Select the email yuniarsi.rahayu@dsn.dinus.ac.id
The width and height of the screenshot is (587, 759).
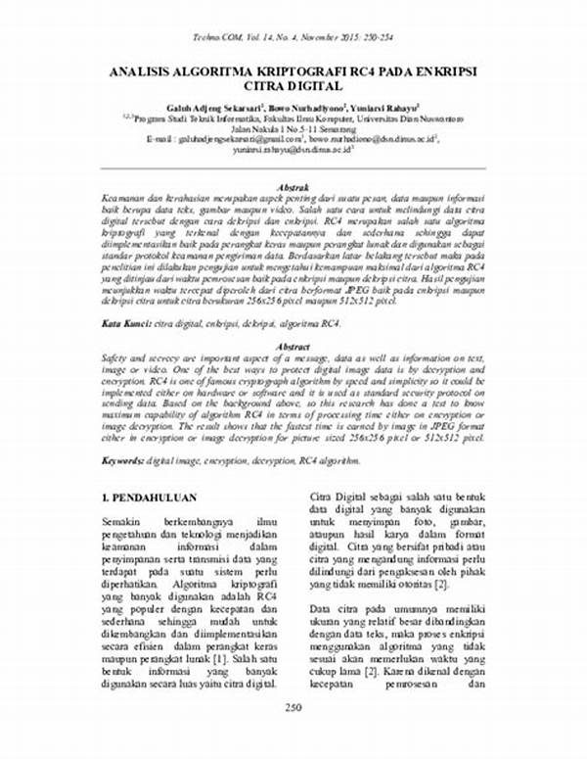coord(293,150)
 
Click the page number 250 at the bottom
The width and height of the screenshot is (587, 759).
coord(293,735)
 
